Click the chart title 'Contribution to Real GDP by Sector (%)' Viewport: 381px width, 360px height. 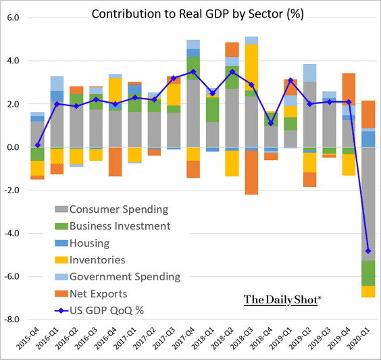197,14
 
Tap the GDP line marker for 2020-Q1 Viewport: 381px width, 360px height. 368,251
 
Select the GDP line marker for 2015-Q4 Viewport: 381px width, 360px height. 38,145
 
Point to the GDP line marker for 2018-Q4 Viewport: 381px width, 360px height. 271,124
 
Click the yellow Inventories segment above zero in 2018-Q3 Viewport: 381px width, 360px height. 251,68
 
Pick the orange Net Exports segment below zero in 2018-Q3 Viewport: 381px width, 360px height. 251,172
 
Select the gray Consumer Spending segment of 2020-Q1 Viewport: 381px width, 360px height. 368,204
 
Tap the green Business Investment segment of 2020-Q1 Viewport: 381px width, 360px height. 368,273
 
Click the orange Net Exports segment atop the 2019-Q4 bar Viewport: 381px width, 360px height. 349,89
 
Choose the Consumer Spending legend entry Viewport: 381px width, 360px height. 111,209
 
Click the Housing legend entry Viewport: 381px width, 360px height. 82,243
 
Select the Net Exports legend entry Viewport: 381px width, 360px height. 91,294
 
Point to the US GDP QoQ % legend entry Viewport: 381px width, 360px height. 99,311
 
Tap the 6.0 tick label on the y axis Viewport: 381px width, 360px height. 13,18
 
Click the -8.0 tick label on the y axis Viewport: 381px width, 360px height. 11,319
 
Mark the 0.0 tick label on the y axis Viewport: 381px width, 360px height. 13,147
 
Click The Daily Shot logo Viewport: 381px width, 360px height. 282,300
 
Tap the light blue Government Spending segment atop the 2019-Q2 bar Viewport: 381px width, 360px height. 310,73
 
